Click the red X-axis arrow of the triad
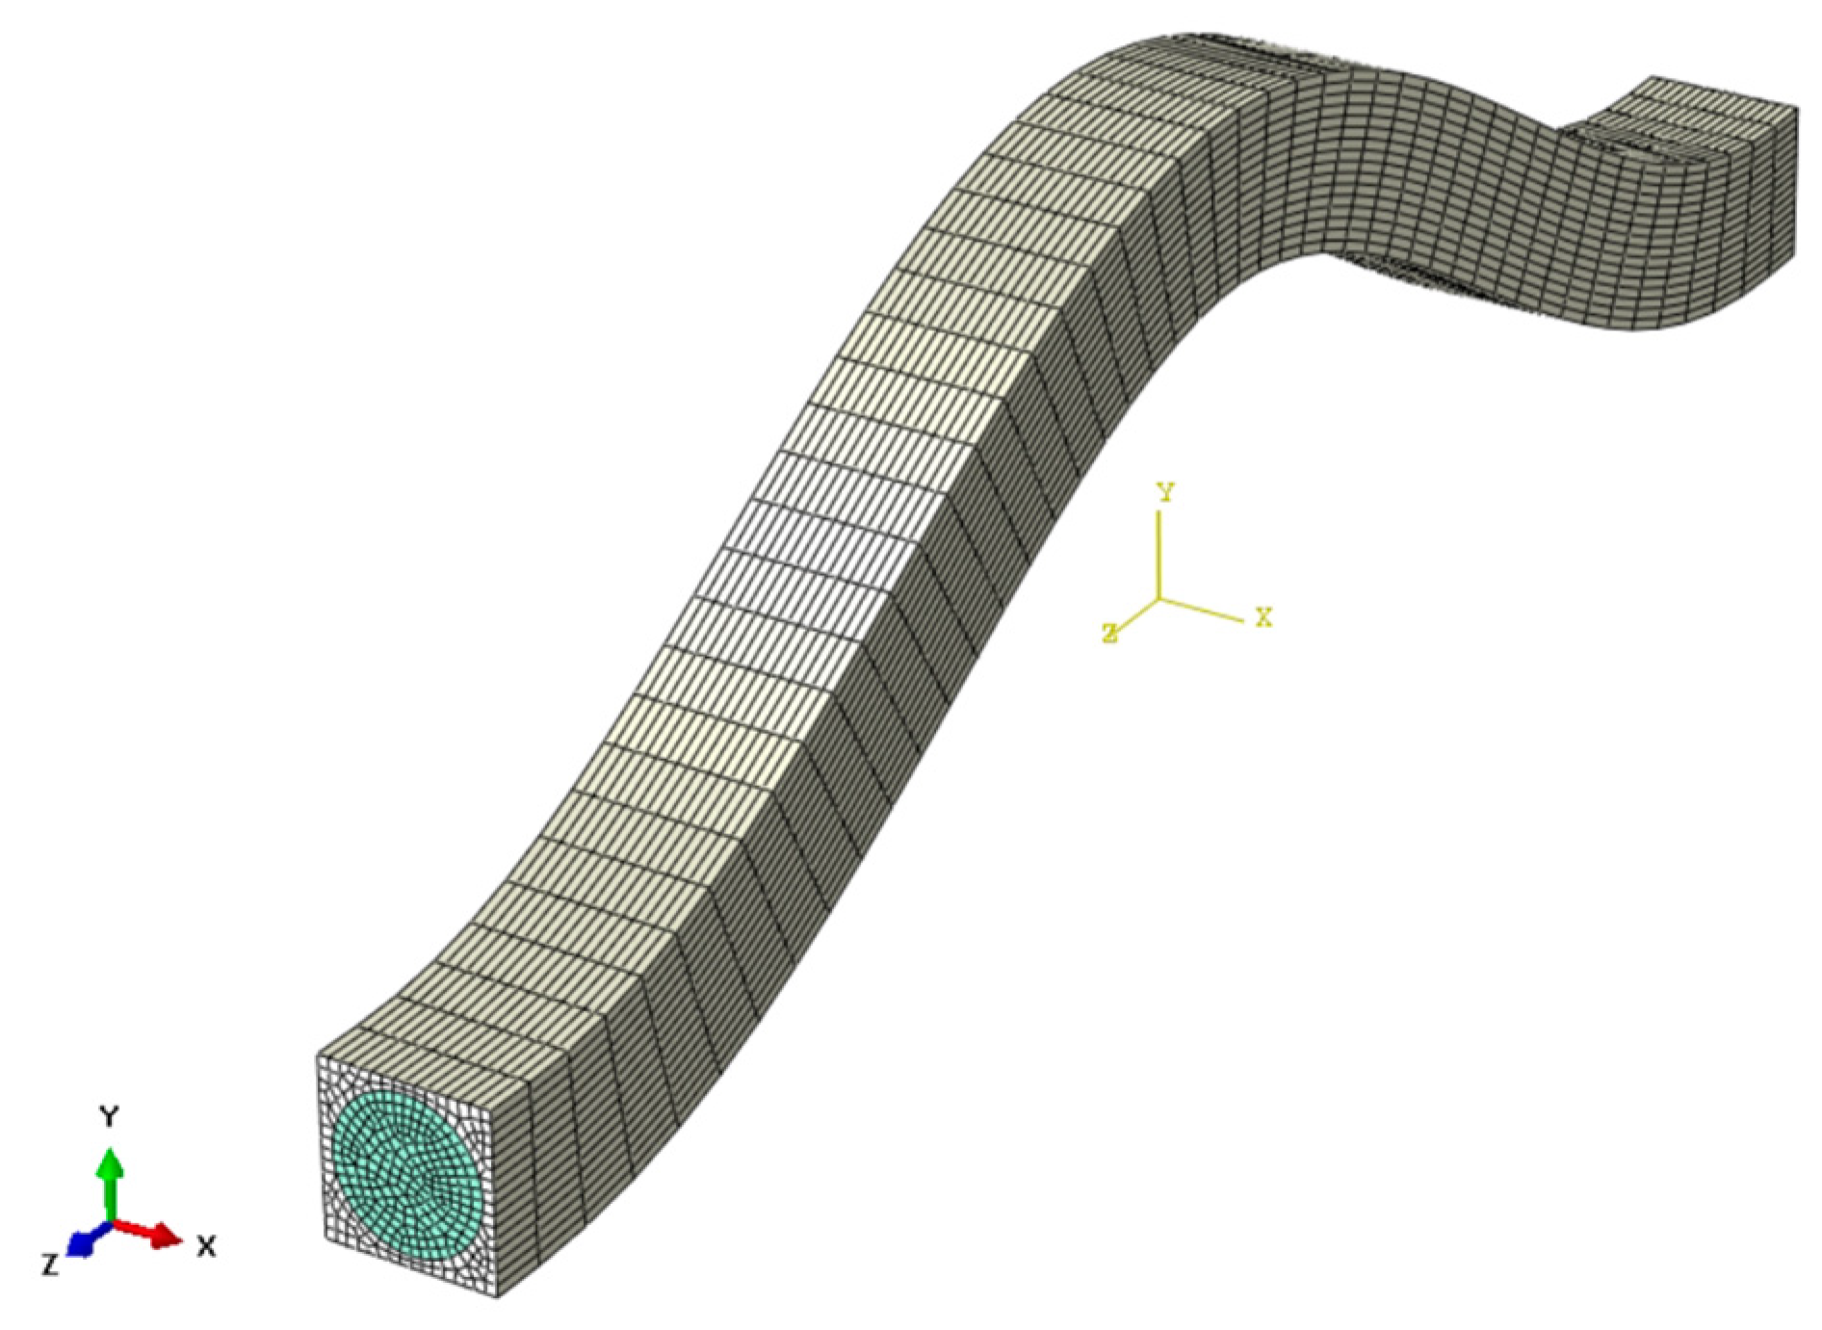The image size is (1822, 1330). point(154,1232)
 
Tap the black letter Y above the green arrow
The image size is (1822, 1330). point(111,1117)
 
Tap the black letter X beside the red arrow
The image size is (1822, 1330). point(205,1247)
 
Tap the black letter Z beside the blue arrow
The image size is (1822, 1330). point(50,1265)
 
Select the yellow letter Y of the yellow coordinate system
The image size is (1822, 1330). point(1165,493)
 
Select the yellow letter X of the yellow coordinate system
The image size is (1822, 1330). point(1263,617)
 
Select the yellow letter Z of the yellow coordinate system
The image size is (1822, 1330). point(1110,633)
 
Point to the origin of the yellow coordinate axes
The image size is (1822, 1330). point(1159,599)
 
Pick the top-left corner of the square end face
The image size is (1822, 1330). point(319,1057)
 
